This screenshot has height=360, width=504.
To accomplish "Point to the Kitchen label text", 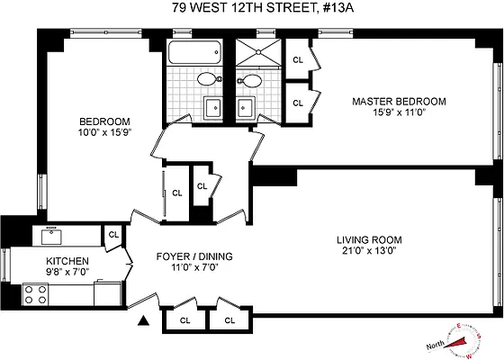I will click(x=67, y=260).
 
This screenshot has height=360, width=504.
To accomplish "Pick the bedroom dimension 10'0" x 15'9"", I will click(x=104, y=134).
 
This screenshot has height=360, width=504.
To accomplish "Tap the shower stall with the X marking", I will click(x=258, y=51).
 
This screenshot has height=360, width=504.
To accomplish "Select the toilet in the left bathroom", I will click(x=207, y=79).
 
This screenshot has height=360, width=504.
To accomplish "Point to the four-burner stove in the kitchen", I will click(x=36, y=294).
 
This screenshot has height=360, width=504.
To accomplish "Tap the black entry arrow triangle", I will click(x=143, y=319).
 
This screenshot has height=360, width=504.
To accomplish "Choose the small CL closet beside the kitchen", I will click(x=113, y=234).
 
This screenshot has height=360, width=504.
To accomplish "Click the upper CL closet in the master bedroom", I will click(x=298, y=60).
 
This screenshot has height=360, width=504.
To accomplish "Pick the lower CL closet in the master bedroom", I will click(x=298, y=103).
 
